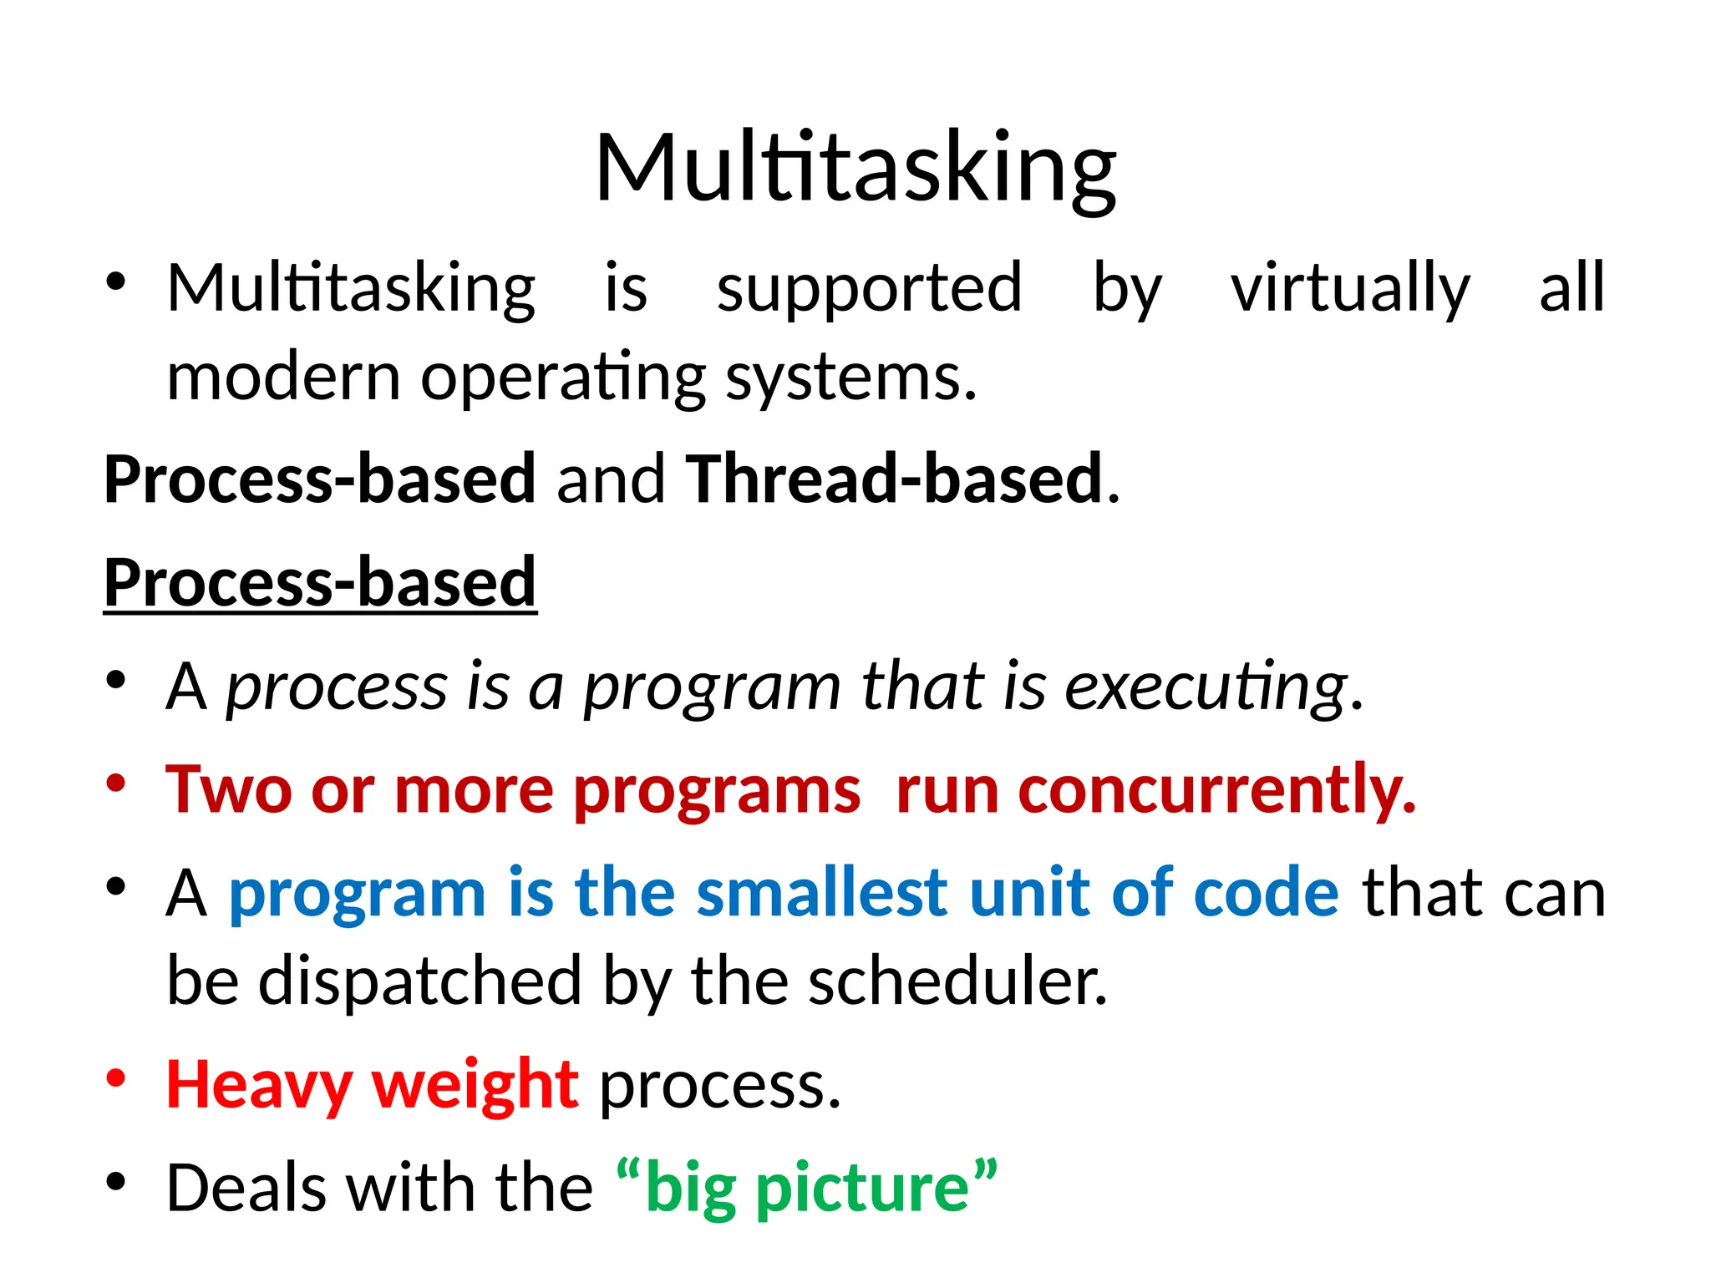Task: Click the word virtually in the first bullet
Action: (1349, 288)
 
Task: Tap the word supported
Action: (869, 288)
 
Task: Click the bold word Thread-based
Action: (894, 479)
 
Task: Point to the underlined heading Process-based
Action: (320, 582)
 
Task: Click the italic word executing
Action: (1206, 687)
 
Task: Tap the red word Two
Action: (228, 789)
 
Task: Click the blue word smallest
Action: (822, 892)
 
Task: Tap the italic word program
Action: (711, 687)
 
